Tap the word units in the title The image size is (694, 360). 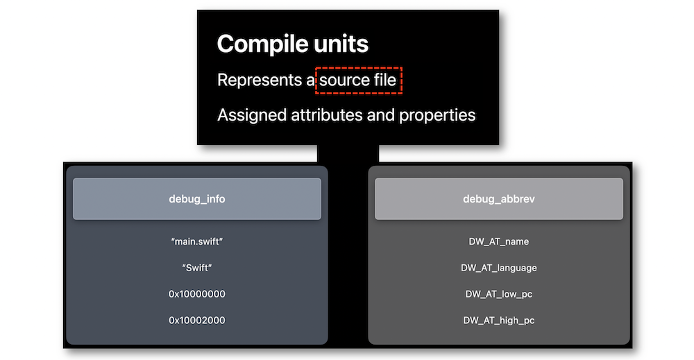click(341, 44)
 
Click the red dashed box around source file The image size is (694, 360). click(359, 68)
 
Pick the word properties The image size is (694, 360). click(437, 115)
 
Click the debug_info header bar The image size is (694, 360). click(197, 199)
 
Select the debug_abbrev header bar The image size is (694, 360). click(499, 199)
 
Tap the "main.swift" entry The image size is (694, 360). click(197, 241)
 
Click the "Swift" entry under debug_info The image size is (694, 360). click(197, 268)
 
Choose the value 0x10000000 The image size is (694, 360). click(197, 294)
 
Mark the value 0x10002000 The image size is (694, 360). click(197, 320)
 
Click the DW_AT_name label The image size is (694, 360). click(499, 241)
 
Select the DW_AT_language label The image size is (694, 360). click(499, 268)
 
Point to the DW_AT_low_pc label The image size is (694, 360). click(499, 294)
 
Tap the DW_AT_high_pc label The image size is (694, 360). click(499, 320)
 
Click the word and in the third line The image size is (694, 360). click(381, 115)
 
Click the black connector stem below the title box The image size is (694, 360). click(348, 154)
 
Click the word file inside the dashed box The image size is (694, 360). click(385, 80)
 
